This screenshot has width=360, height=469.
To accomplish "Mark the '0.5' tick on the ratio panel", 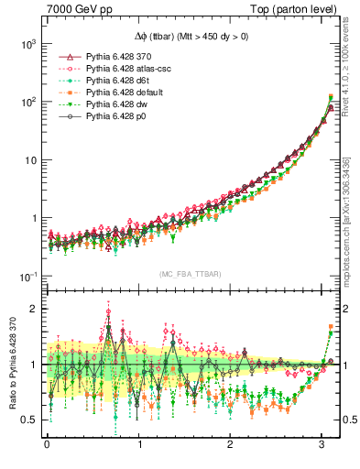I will [x=27, y=420].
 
